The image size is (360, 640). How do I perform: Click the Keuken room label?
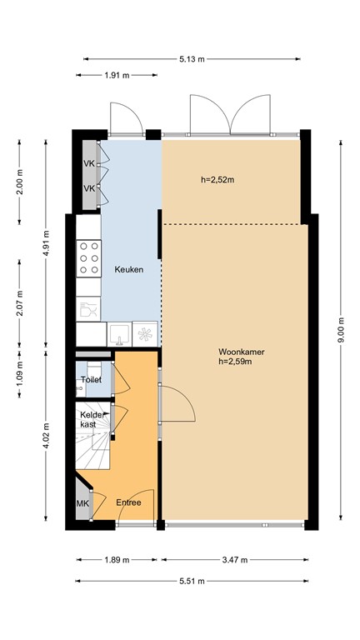[128, 270]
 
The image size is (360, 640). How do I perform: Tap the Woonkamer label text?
[241, 352]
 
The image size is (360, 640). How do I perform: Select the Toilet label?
[91, 380]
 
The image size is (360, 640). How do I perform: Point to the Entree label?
[128, 502]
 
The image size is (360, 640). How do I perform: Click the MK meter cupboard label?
[82, 503]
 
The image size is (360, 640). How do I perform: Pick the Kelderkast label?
[90, 420]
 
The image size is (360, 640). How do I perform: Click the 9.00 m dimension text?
[341, 330]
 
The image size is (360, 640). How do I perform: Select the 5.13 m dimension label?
[192, 59]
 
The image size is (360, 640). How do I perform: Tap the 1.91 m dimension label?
[117, 75]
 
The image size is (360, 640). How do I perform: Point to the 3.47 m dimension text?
[235, 560]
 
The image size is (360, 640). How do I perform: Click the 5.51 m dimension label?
[192, 581]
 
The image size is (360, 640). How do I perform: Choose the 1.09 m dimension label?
[19, 373]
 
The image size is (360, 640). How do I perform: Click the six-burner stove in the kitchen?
[88, 258]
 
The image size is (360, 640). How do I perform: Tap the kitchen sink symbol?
[119, 334]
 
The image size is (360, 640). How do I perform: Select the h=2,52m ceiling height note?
[217, 180]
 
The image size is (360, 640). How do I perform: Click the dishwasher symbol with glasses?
[88, 309]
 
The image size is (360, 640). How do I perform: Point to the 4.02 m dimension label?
[46, 435]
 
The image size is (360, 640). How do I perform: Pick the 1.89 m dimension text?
[117, 560]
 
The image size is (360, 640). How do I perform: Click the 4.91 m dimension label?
[46, 242]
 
